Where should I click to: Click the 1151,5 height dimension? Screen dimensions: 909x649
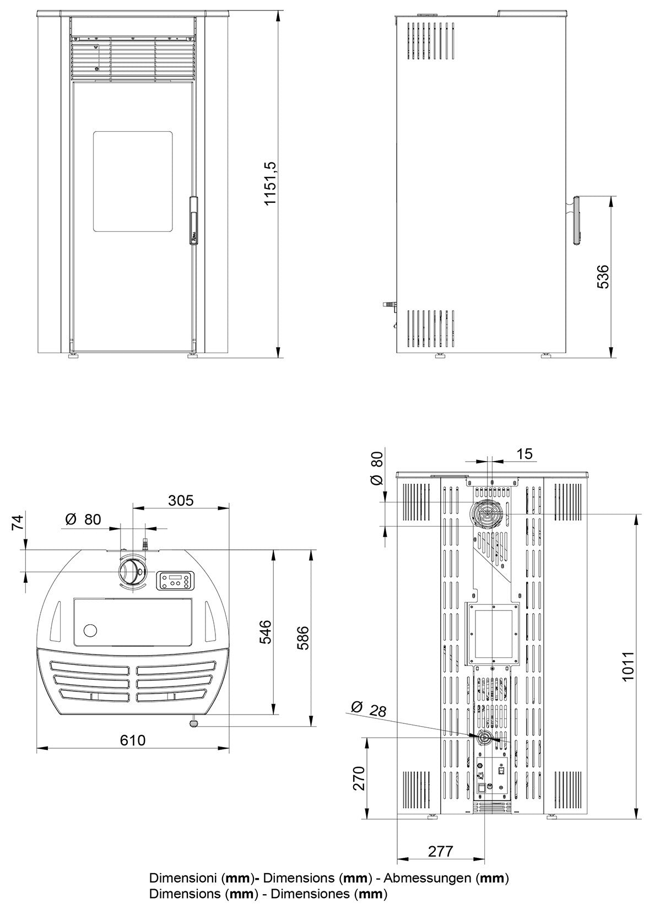click(x=270, y=184)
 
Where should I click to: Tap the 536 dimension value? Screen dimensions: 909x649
click(x=603, y=277)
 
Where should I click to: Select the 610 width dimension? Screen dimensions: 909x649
click(x=133, y=740)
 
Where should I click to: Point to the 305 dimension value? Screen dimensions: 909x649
click(x=181, y=500)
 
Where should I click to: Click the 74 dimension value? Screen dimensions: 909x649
click(x=18, y=522)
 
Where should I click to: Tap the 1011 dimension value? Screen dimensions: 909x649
click(x=629, y=666)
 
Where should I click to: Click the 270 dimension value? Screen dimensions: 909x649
click(x=359, y=778)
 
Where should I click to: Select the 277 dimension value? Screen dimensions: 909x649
click(x=440, y=851)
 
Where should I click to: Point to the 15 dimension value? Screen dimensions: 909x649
click(x=525, y=453)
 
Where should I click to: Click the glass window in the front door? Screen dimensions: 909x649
click(x=132, y=181)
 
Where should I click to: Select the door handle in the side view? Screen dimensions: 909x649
click(x=576, y=220)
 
